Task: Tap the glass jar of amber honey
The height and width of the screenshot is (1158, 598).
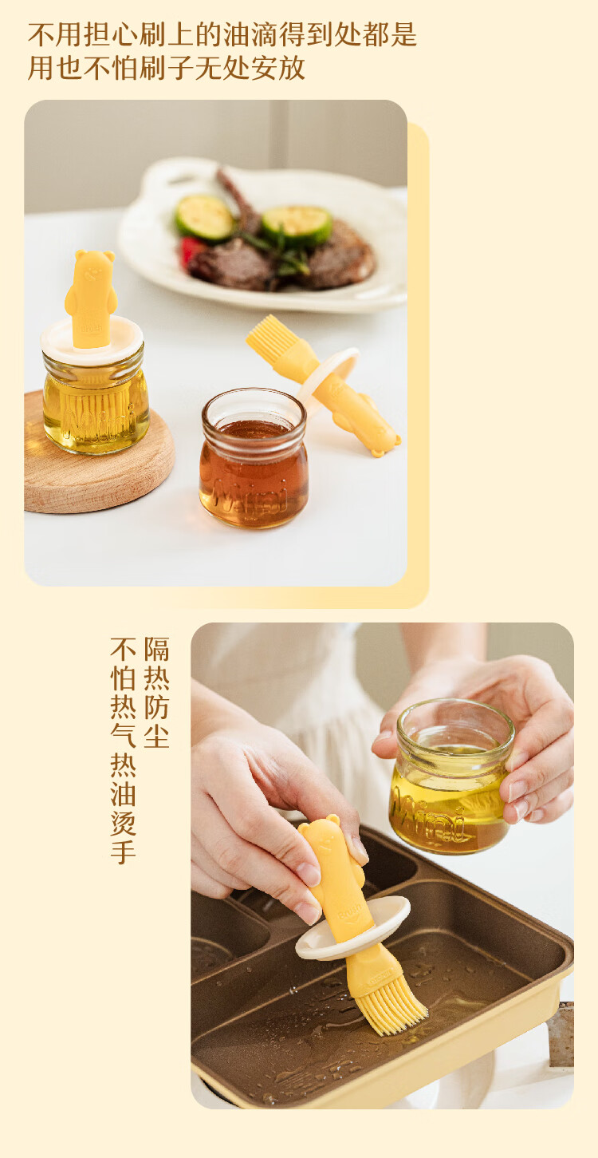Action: [x=254, y=459]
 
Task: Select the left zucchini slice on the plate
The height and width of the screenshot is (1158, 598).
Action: [x=204, y=218]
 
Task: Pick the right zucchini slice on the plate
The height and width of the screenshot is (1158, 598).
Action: [x=297, y=225]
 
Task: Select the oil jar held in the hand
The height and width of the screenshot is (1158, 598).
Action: [x=449, y=776]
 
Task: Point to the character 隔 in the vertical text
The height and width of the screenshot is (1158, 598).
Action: [x=156, y=649]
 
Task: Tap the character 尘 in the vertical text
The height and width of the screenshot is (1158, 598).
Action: [x=156, y=736]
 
